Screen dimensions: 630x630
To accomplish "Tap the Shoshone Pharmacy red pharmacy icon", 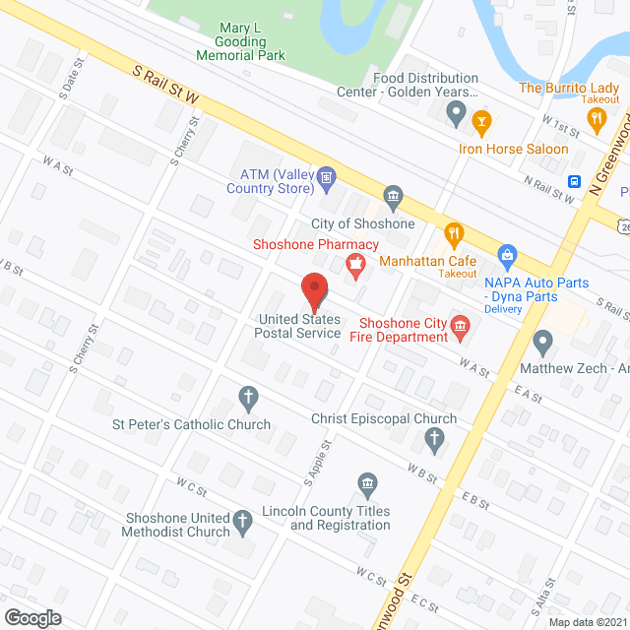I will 353,262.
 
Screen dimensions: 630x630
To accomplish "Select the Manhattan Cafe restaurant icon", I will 454,233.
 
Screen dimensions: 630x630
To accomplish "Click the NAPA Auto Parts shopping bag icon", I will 508,256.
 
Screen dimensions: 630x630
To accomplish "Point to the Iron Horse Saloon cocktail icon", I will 481,122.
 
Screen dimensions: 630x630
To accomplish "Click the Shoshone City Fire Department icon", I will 459,328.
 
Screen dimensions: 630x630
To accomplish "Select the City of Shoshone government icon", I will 394,197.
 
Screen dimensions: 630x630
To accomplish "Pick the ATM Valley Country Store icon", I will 328,178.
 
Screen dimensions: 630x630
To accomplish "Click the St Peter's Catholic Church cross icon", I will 248,399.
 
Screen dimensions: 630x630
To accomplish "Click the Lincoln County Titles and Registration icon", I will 367,483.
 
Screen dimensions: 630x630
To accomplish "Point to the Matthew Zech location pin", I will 542,343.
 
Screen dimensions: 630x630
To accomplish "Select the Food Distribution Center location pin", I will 455,115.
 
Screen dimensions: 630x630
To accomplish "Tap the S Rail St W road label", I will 167,84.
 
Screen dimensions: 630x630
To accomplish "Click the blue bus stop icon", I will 574,181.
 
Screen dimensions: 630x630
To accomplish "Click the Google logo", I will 31,617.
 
